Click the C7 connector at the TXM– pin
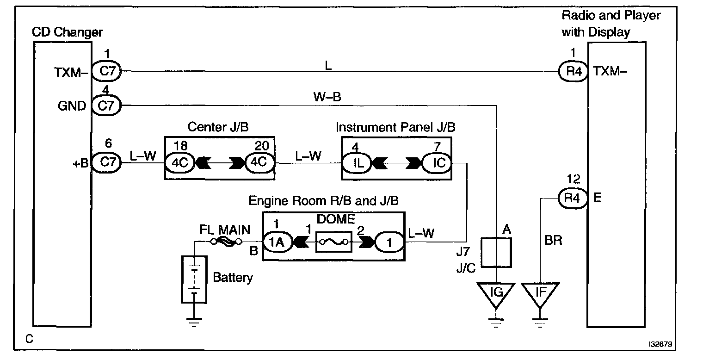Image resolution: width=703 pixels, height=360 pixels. [106, 71]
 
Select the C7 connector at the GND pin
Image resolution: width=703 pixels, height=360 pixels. [106, 106]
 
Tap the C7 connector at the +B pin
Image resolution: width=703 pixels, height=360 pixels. [106, 163]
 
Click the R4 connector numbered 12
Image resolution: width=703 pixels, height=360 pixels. [572, 199]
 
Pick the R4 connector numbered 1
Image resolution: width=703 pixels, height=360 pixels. [572, 71]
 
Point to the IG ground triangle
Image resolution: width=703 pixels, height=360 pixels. [496, 294]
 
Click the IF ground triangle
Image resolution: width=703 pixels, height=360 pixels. [539, 294]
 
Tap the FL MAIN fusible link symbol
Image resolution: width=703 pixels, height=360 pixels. [226, 242]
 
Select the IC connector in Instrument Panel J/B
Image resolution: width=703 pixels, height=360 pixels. [436, 163]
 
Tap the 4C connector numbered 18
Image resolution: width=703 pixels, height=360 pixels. [180, 163]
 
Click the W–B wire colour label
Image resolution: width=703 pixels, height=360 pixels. [327, 97]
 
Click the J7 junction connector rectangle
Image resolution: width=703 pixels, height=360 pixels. [496, 253]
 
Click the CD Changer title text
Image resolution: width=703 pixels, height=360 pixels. [67, 32]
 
